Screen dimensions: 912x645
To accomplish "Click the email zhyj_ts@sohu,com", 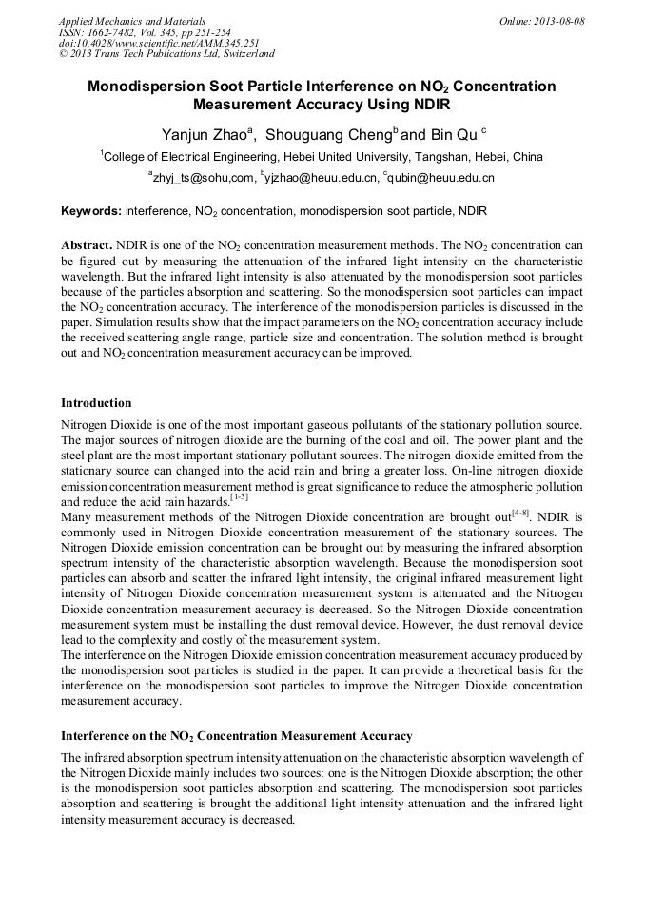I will point(204,177).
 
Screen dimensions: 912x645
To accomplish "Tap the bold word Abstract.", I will point(87,244).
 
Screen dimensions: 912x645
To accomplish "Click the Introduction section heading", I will point(96,403).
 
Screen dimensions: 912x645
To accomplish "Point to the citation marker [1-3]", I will point(240,495).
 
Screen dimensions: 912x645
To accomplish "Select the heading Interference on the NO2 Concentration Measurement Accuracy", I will point(237,735).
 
